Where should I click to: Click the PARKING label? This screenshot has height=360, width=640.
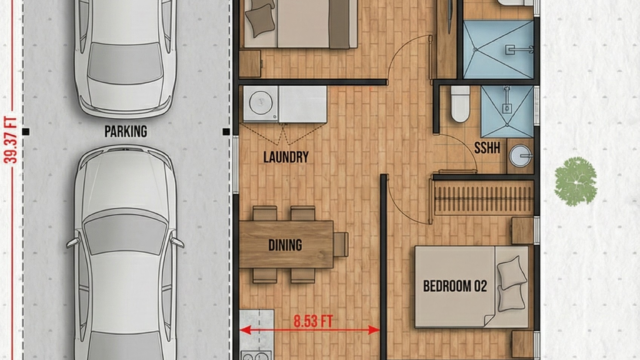[x=126, y=131]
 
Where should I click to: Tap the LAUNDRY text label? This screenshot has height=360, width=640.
[x=286, y=157]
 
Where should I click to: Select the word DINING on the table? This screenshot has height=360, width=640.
[x=285, y=245]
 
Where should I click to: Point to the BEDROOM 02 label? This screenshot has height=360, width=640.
[x=455, y=286]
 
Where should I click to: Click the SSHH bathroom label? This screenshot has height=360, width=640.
[x=487, y=148]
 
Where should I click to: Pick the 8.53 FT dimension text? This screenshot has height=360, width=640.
[x=313, y=321]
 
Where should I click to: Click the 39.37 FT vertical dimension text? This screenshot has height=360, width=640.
[x=10, y=140]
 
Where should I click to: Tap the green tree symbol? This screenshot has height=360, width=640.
[x=576, y=181]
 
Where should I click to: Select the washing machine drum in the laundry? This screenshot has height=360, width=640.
[x=261, y=102]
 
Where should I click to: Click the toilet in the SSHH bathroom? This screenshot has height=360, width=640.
[x=460, y=104]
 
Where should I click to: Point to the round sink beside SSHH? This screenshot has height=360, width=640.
[x=520, y=156]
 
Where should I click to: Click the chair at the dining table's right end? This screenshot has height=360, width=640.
[x=341, y=244]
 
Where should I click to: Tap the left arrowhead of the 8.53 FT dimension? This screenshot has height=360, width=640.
[x=245, y=330]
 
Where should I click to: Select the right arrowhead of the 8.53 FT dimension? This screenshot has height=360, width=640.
[x=374, y=330]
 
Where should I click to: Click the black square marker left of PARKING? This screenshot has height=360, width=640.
[x=26, y=131]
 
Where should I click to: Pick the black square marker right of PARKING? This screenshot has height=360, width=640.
[x=227, y=131]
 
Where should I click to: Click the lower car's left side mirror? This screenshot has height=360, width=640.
[x=72, y=242]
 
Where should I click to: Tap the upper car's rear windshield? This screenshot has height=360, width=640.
[x=125, y=63]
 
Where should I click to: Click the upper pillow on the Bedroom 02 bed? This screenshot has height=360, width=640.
[x=511, y=272]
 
